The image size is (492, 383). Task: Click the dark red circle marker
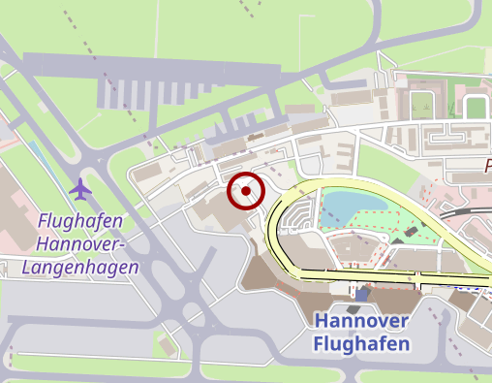[246, 191]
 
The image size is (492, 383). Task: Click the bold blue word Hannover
[361, 321]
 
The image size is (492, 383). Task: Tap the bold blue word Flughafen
[361, 343]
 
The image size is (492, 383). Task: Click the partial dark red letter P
[487, 166]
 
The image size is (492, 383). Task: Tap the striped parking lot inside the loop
[301, 217]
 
